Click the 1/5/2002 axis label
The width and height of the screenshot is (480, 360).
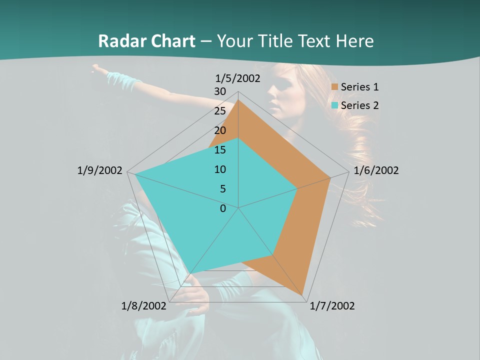pyautogui.click(x=238, y=78)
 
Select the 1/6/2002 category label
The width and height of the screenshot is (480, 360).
pyautogui.click(x=376, y=170)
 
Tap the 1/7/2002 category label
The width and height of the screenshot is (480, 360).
pyautogui.click(x=332, y=306)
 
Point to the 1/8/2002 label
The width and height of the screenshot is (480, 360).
pyautogui.click(x=144, y=306)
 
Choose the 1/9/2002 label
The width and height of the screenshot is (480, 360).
pyautogui.click(x=99, y=170)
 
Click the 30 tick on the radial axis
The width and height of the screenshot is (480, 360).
pyautogui.click(x=220, y=91)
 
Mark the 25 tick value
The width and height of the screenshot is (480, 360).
pyautogui.click(x=220, y=111)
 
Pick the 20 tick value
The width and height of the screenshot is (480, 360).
pyautogui.click(x=220, y=130)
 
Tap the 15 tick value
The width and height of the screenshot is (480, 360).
pyautogui.click(x=220, y=150)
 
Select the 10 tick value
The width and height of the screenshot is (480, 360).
pyautogui.click(x=220, y=169)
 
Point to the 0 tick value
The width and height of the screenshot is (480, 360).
pyautogui.click(x=223, y=208)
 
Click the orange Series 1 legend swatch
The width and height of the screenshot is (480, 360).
pyautogui.click(x=335, y=87)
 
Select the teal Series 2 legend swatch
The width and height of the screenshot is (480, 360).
pyautogui.click(x=335, y=105)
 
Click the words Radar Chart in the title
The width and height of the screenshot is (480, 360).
pyautogui.click(x=146, y=41)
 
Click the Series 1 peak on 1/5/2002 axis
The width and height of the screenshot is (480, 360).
pyautogui.click(x=238, y=99)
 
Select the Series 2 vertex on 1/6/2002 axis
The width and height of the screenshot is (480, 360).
pyautogui.click(x=297, y=188)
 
